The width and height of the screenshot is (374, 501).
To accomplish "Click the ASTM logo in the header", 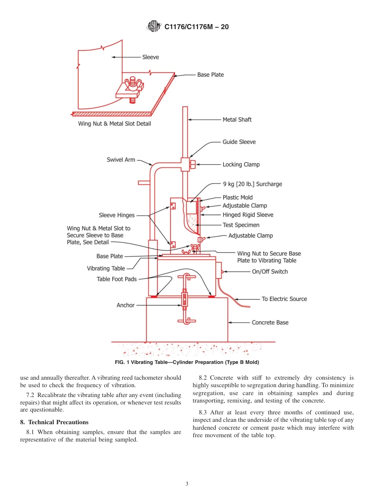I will pos(154,27).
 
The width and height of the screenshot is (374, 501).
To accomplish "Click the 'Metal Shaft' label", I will pos(237,120).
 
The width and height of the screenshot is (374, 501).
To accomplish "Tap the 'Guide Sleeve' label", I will pos(239,142).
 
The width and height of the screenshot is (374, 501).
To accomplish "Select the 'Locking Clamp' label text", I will pos(241,165).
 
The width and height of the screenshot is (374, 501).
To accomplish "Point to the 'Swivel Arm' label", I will pos(121,160).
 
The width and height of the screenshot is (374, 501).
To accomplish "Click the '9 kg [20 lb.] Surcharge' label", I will pos(252,184).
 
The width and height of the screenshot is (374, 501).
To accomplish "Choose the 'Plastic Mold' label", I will pos(237,197).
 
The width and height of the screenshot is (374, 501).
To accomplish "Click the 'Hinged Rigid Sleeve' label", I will pos(248,215).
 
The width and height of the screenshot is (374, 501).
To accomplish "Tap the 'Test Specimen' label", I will pos(241,225).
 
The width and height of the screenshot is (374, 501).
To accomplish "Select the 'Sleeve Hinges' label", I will pos(117,215).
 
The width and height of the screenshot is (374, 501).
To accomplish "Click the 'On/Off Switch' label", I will pos(270,271).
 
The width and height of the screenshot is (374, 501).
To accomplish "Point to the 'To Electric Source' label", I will pos(284,299).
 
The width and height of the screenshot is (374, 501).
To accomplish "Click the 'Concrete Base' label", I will pos(270,323).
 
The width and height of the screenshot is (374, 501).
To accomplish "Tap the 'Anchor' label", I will pos(126,305).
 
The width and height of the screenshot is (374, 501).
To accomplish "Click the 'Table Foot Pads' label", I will pos(117,279).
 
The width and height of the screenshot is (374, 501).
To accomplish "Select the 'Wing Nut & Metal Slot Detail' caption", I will pos(115,124).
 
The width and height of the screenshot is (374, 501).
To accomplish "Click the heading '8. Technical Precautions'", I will pos(54,422).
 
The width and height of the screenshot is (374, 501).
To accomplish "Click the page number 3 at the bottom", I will pos(187,484).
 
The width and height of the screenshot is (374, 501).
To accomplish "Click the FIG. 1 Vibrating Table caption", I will pos(187,362).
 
